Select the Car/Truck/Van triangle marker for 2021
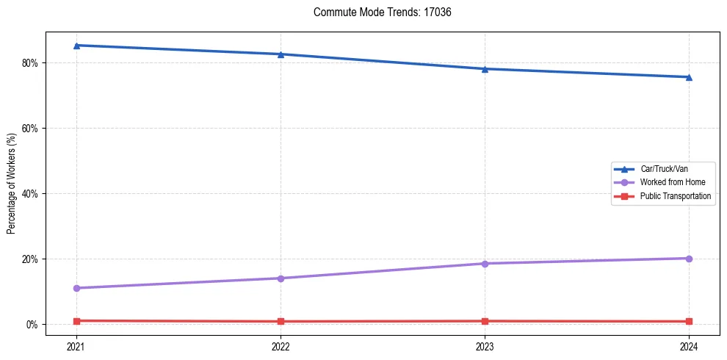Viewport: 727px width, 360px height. (76, 46)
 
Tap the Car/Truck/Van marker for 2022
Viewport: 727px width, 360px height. (281, 54)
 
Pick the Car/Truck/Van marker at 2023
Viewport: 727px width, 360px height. (485, 69)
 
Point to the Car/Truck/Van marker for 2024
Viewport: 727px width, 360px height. (689, 77)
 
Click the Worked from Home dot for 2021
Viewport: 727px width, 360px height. (76, 288)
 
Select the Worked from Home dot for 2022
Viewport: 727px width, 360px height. (281, 278)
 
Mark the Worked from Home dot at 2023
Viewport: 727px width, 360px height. (485, 264)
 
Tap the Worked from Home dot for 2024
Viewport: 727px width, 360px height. (689, 259)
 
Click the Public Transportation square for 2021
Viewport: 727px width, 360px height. (76, 321)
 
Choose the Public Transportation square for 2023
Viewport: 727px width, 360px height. (485, 321)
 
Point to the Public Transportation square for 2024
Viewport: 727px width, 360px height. (689, 322)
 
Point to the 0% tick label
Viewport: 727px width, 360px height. (32, 325)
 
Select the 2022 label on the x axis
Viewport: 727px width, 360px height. (281, 345)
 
